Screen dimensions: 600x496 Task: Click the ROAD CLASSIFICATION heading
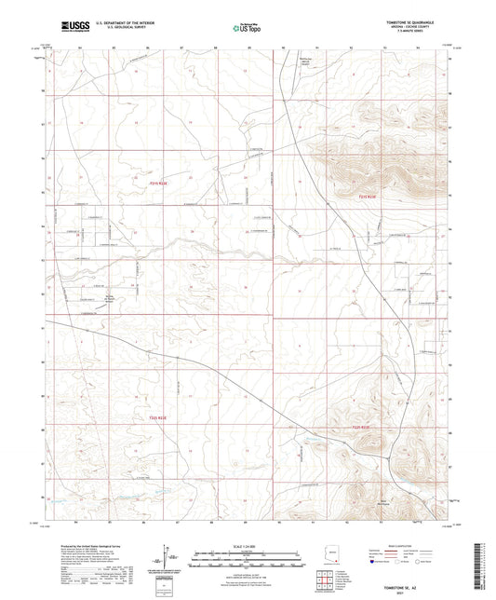click(399, 546)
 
